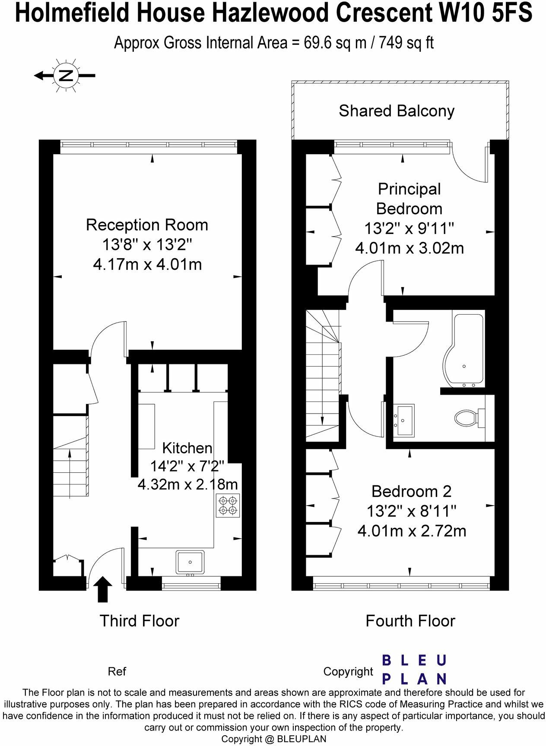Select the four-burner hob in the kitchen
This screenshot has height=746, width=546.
[228, 506]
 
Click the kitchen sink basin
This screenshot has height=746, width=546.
[190, 562]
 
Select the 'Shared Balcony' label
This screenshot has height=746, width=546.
[397, 111]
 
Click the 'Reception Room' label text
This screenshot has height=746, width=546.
[147, 225]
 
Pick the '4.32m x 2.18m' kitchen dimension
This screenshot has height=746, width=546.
[187, 484]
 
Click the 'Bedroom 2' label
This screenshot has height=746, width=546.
[411, 491]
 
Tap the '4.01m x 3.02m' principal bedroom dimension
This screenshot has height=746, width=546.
[409, 248]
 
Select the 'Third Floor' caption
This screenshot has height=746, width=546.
[140, 621]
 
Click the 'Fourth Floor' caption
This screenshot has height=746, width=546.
[410, 621]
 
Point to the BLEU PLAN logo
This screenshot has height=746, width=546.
[414, 670]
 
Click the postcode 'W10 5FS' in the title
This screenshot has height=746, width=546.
[486, 13]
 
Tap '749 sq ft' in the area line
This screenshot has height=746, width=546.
[406, 43]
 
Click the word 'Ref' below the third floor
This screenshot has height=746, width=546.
[117, 671]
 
